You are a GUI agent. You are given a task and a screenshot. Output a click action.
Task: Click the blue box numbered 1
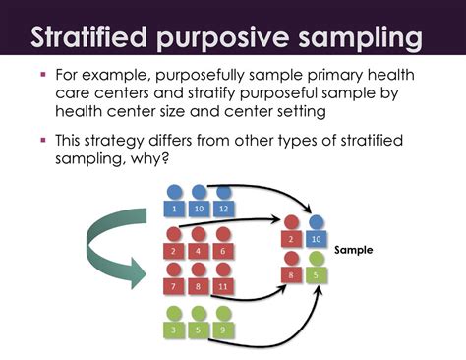tap(174, 210)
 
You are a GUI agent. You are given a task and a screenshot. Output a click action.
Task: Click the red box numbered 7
tap(174, 286)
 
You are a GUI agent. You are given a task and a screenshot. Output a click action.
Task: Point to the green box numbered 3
tap(174, 330)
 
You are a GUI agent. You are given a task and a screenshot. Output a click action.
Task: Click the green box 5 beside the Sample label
tap(316, 276)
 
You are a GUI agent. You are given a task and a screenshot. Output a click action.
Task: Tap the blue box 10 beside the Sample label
tap(316, 240)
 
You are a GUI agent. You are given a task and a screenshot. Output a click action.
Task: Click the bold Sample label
tap(354, 250)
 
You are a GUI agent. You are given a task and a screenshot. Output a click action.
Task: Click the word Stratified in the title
tap(90, 39)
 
